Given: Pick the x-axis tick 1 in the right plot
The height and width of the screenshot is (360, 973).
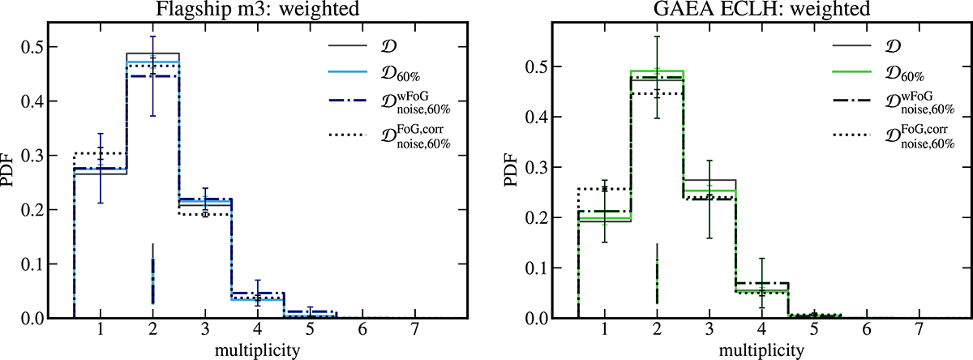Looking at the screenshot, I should [x=604, y=331].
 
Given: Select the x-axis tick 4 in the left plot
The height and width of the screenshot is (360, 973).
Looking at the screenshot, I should [x=256, y=331].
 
